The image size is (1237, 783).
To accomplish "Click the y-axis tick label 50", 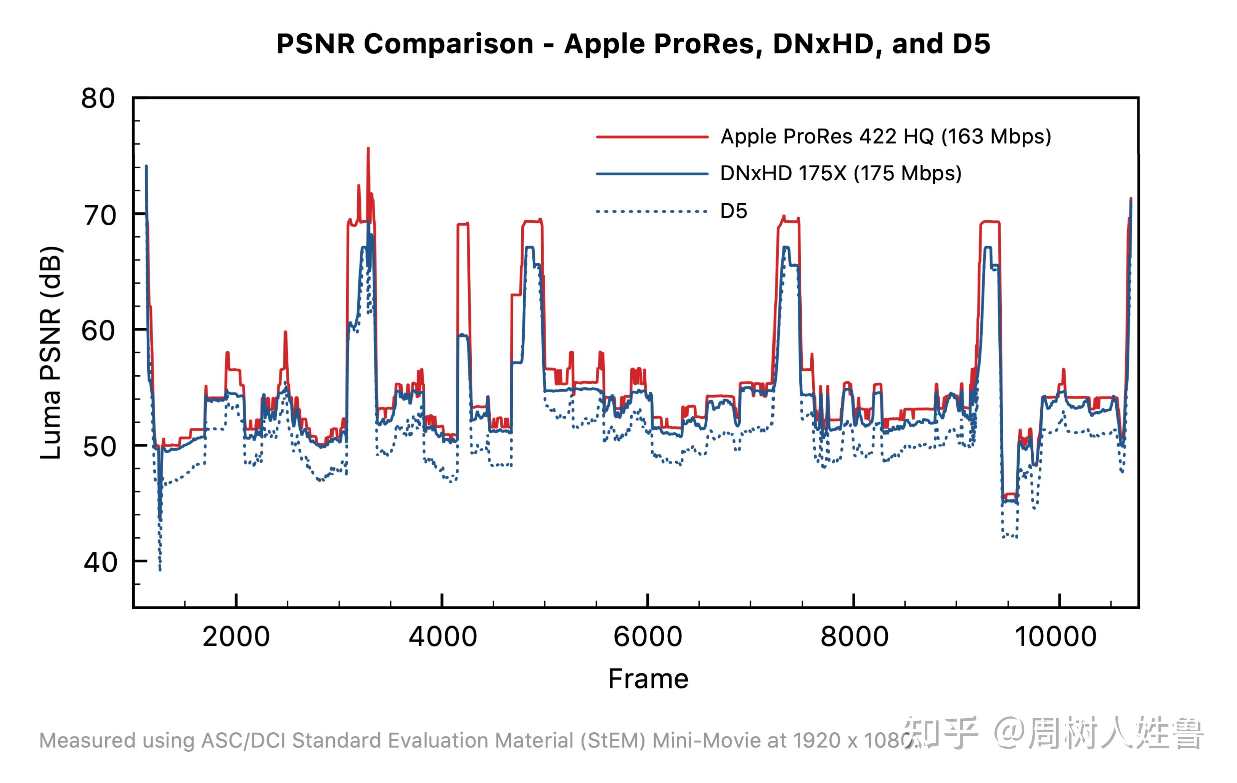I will [x=99, y=447].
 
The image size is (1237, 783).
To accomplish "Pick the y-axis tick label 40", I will [x=101, y=562].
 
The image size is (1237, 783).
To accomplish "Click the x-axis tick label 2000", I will [x=236, y=637].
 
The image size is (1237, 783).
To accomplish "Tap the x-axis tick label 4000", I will [x=443, y=637].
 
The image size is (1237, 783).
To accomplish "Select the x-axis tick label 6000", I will [x=648, y=637].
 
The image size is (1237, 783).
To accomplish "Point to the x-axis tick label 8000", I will [x=854, y=637].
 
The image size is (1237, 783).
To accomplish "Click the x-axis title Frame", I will [x=648, y=679].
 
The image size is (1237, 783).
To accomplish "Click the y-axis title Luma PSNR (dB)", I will [x=51, y=353].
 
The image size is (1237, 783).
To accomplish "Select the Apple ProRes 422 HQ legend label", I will [x=886, y=136].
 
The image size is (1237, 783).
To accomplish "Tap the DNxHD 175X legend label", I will [x=840, y=173].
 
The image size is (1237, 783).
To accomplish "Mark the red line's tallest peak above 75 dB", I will [x=368, y=150].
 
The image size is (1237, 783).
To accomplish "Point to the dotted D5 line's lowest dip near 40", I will [x=160, y=569].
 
